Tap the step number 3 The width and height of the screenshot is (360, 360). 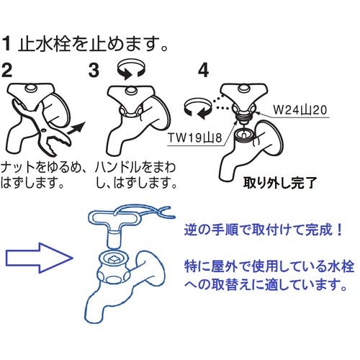point(94,71)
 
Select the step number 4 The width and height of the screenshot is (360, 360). point(203,71)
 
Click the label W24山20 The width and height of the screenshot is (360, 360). point(302,112)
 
